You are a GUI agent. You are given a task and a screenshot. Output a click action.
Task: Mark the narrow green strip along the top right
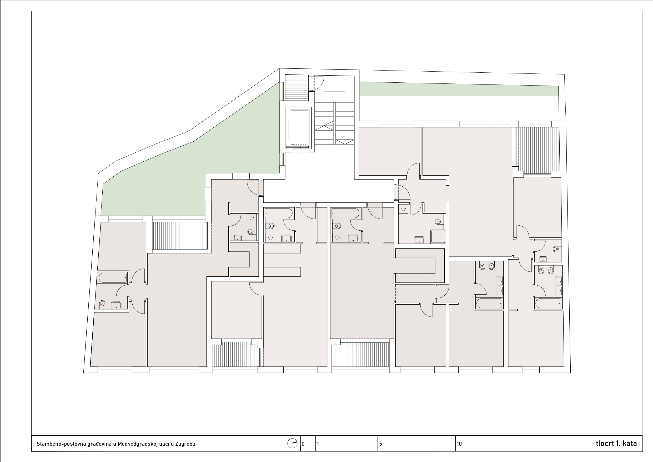coord(459,89)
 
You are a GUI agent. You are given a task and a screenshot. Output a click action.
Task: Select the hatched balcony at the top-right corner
coord(538,149)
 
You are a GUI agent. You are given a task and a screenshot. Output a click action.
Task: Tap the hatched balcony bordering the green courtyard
coord(179,235)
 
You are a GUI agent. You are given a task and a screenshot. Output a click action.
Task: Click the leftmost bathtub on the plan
coord(113,277)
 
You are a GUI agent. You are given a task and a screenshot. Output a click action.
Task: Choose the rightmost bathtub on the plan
coord(548,303)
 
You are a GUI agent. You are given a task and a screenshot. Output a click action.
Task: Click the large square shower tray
coord(438,237)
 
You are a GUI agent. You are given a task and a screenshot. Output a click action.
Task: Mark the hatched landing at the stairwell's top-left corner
coord(297,87)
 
